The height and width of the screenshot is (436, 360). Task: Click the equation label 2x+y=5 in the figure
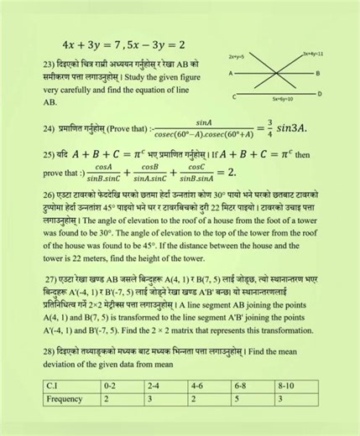coord(236,56)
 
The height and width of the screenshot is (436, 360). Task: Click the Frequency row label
coord(66,400)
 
